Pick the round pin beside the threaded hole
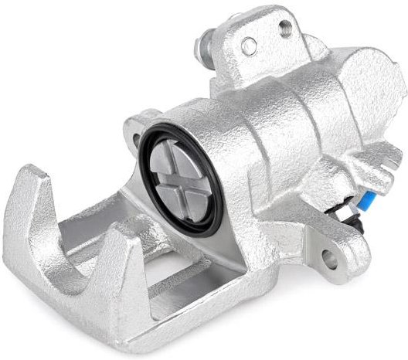pos(248,46)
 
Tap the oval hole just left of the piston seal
pos(137,124)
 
